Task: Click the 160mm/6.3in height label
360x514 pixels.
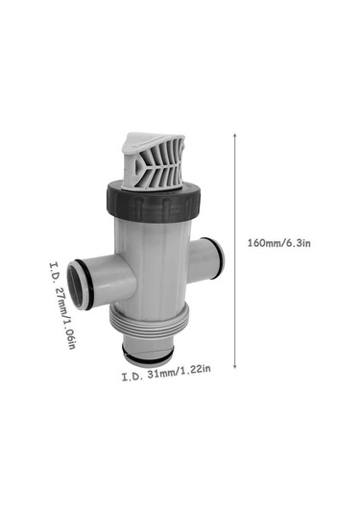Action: click(278, 243)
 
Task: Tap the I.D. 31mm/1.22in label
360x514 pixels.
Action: click(166, 373)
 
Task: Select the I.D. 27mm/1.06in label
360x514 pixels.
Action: click(62, 306)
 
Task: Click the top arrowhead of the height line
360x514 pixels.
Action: click(234, 135)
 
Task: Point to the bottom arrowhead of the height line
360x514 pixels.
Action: click(234, 366)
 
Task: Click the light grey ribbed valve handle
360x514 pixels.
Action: click(153, 161)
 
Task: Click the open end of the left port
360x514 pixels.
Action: click(75, 284)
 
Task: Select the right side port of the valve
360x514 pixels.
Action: click(207, 258)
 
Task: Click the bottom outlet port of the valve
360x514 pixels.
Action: click(147, 349)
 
